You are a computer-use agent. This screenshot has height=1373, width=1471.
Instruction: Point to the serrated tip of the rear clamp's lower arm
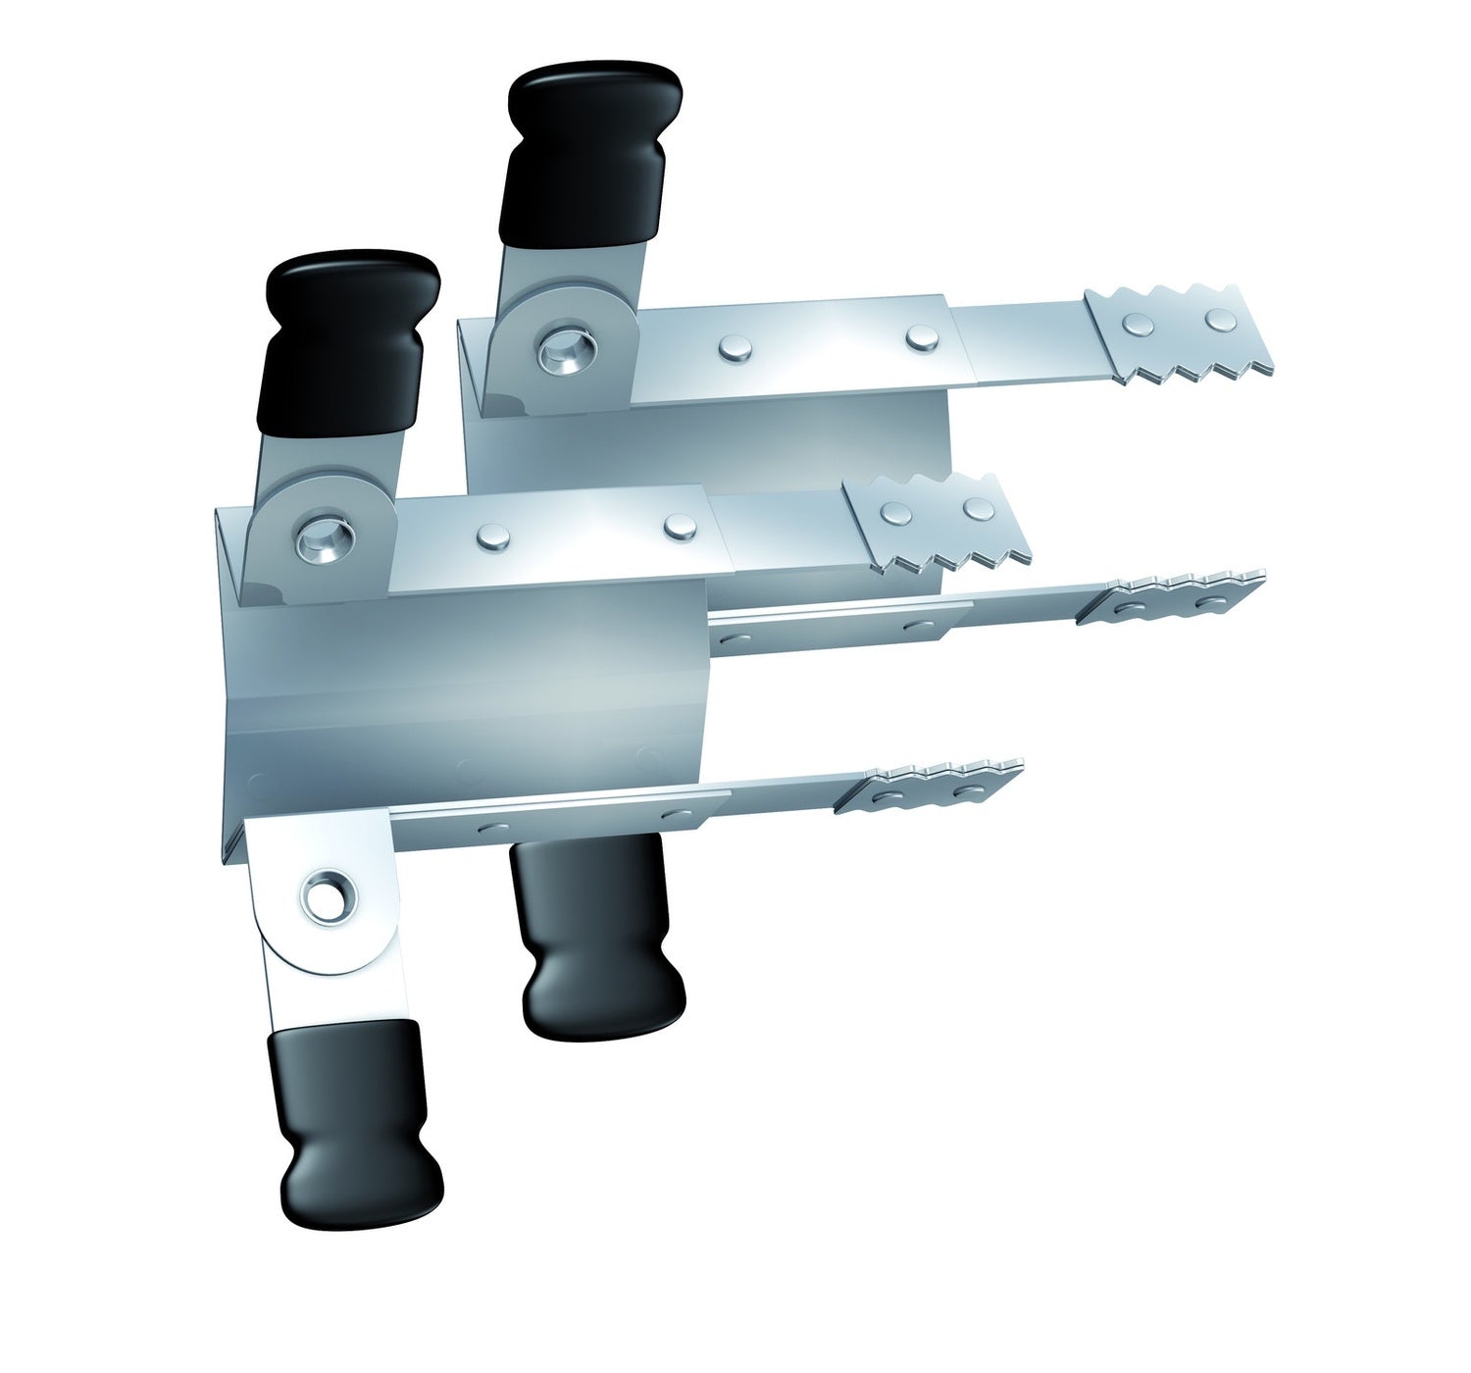1172,596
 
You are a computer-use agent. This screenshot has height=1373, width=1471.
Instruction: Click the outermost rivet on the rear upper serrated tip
1219,319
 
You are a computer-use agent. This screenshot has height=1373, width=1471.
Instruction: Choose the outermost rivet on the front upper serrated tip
977,508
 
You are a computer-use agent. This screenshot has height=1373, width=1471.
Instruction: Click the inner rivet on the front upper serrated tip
893,512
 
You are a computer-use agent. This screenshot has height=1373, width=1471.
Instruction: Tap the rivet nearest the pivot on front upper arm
488,535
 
